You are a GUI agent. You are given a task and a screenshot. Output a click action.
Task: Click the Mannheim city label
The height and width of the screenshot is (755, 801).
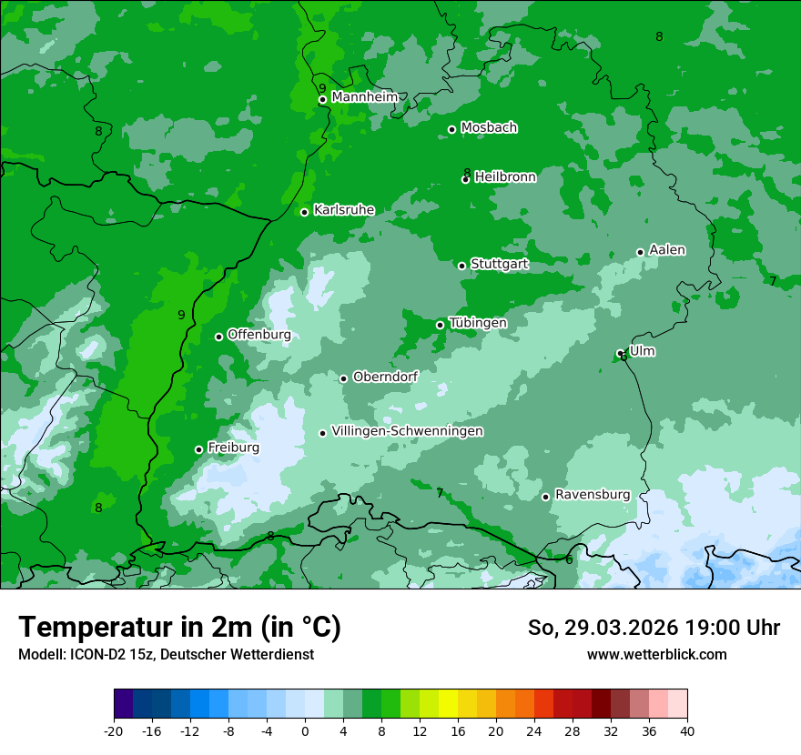point(364,97)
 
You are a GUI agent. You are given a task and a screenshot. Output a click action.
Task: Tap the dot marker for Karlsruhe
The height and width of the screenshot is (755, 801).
point(304,212)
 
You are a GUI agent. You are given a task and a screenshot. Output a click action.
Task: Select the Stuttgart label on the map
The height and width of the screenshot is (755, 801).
point(499,265)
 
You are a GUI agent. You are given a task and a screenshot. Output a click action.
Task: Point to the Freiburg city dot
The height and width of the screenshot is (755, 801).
point(198,449)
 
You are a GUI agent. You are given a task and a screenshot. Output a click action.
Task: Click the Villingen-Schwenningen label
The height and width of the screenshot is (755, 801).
point(407,431)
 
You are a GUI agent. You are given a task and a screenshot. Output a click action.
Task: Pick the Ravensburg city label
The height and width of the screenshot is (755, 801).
point(592,495)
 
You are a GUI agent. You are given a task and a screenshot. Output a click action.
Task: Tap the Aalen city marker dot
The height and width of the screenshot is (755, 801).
point(640,252)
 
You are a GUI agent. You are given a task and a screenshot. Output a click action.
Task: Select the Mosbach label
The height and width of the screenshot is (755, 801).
point(489,128)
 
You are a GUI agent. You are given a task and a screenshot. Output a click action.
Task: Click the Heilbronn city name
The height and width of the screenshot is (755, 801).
point(505,177)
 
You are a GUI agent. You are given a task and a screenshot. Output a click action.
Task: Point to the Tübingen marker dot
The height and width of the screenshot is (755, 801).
point(440,325)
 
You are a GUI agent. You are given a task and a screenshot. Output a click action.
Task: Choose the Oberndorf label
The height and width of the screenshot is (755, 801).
point(385,377)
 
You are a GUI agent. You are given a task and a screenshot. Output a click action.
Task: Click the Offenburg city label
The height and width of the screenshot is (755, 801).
point(259,335)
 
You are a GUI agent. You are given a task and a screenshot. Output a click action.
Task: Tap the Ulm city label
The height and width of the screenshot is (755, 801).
point(642,351)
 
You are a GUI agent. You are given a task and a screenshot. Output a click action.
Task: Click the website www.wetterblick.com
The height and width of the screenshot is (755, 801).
point(656,654)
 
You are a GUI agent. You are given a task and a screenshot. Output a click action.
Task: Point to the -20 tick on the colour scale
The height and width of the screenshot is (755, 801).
point(114,731)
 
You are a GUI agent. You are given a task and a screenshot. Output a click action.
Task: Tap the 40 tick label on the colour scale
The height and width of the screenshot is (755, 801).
point(686,731)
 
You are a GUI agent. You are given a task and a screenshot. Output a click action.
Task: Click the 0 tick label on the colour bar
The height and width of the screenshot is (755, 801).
point(305,731)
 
